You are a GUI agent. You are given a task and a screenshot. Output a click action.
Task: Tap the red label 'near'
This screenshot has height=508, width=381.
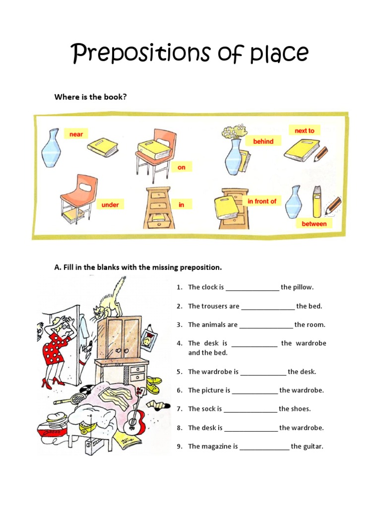click(x=76, y=134)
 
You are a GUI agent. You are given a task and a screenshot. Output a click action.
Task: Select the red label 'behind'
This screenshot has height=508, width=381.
click(x=263, y=141)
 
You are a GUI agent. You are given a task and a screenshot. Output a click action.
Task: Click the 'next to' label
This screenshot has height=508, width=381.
click(x=304, y=130)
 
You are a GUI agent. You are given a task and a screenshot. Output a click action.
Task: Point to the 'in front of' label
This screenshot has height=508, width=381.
click(x=262, y=201)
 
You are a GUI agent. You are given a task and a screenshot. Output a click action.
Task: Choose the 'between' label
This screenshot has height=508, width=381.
click(x=314, y=224)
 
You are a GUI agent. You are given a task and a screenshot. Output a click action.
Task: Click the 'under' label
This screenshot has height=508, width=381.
click(x=110, y=204)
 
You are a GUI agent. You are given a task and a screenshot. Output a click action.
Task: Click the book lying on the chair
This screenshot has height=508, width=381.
click(x=154, y=149)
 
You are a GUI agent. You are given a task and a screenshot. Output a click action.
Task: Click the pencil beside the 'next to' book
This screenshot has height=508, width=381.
click(x=321, y=153)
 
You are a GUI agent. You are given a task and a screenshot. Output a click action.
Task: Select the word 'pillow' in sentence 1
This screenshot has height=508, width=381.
click(x=303, y=287)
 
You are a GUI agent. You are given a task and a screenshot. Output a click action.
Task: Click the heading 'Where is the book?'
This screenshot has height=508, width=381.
click(x=90, y=97)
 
